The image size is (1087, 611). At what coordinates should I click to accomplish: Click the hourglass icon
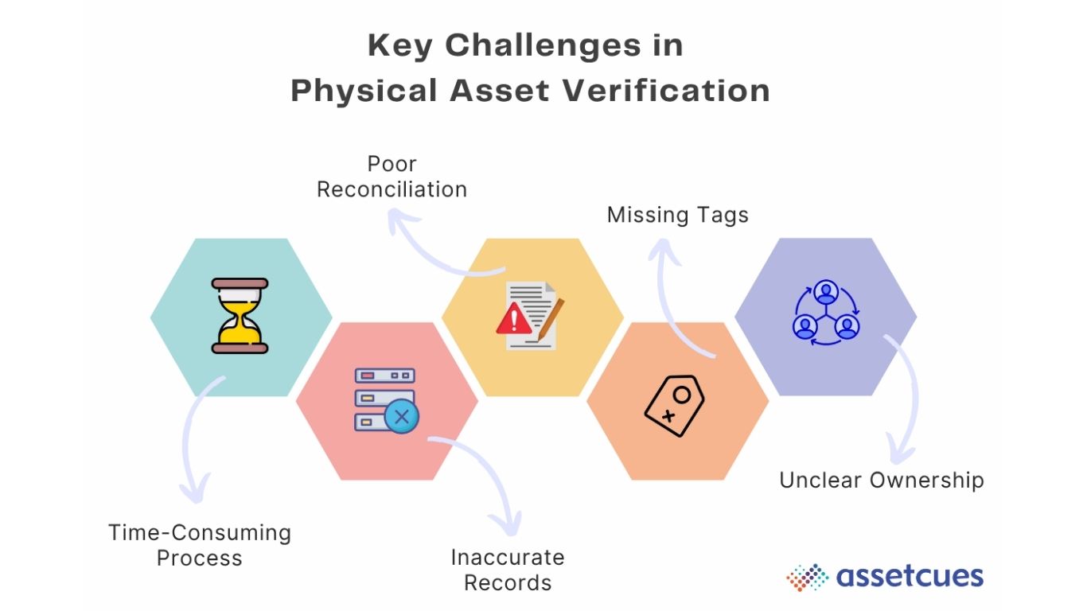click(240, 316)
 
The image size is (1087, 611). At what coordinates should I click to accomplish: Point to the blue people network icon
click(826, 313)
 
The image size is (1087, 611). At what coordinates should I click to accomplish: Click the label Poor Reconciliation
click(392, 177)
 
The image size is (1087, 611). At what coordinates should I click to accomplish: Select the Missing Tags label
click(677, 215)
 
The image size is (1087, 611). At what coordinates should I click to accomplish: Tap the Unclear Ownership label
click(881, 481)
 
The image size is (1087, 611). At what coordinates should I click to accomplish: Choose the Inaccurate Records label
click(508, 570)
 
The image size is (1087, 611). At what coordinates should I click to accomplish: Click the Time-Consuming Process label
click(200, 545)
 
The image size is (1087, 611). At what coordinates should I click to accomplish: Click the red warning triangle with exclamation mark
click(513, 320)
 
